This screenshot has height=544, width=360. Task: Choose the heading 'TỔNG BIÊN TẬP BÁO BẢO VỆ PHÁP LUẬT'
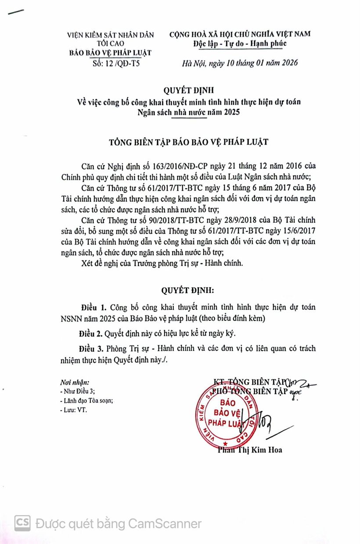pos(188,143)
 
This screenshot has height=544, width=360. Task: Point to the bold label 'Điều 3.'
pos(91,348)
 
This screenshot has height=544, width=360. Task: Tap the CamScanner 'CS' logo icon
pos(23,523)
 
